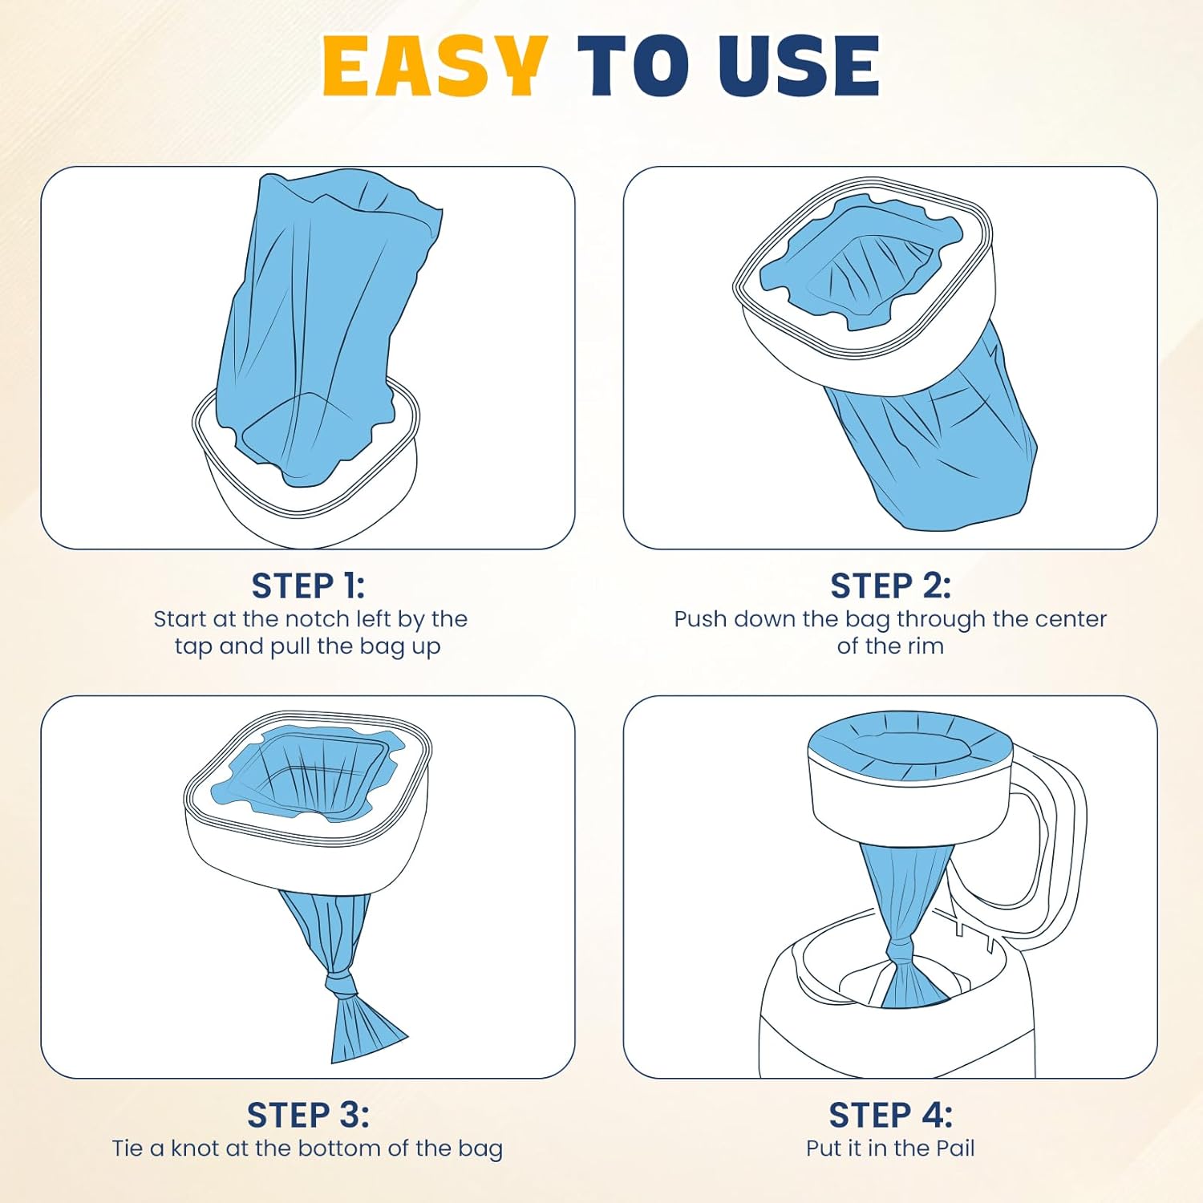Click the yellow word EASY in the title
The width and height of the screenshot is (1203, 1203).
[435, 67]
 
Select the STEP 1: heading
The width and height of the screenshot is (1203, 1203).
[308, 586]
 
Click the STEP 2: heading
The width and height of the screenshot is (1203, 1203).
[890, 586]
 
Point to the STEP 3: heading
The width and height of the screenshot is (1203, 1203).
[308, 1115]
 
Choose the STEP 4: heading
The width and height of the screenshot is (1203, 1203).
[890, 1115]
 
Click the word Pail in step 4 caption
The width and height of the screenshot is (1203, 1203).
[955, 1148]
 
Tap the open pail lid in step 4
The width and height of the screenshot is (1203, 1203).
[1043, 850]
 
